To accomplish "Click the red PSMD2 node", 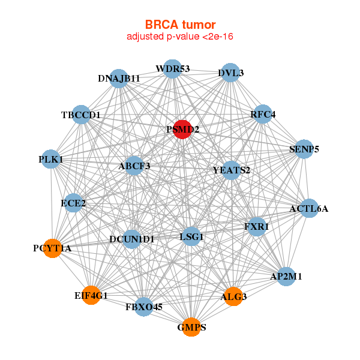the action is [182, 129].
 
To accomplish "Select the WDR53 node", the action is [172, 68].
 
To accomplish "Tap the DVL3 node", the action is [230, 73].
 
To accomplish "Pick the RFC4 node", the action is [263, 114].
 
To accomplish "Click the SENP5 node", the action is [304, 148].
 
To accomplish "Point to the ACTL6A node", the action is [308, 208].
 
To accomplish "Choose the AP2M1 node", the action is [286, 276].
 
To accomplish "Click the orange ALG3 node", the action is [234, 296].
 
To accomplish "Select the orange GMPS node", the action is [191, 327].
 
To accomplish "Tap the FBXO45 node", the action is [144, 307].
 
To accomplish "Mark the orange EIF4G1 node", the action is [91, 295].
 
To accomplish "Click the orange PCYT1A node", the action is [53, 248].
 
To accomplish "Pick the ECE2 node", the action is [73, 203].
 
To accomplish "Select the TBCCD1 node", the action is [81, 115].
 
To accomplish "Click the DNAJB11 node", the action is [119, 79].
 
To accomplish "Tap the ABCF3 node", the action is [134, 166].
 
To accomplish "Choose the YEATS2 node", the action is [231, 170].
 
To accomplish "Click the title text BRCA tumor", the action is [180, 25].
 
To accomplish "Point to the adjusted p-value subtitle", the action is [180, 37].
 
